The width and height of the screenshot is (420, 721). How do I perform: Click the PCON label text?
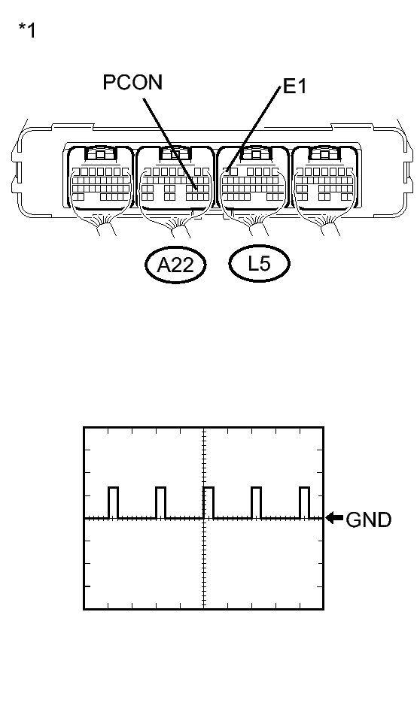132,83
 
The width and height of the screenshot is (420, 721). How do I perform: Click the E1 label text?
295,88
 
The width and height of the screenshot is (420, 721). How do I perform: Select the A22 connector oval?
175,265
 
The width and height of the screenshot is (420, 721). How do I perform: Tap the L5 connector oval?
259,264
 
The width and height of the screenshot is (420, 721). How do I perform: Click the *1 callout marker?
26,32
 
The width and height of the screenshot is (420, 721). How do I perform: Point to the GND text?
368,520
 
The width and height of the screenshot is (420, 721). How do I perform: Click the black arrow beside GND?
334,518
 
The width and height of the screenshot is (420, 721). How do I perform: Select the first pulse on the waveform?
114,502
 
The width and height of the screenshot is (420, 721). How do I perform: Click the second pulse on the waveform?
160,502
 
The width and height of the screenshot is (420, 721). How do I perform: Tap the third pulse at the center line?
208,502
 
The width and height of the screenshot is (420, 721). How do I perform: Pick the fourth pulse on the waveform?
256,502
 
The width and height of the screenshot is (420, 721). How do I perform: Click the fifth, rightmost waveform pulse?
304,502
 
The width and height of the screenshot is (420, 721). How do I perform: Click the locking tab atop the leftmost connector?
99,154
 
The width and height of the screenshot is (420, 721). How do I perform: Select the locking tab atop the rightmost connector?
327,154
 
